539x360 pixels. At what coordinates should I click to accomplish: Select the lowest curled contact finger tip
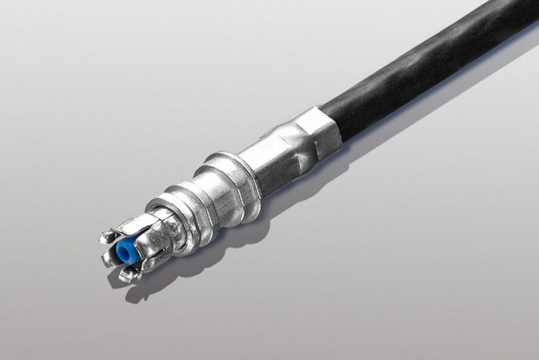126,276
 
